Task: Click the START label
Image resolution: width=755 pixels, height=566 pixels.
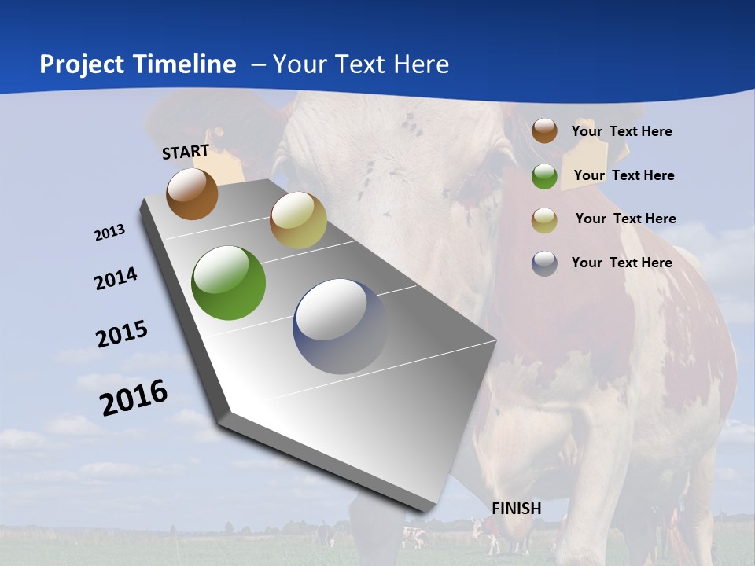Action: [x=186, y=152]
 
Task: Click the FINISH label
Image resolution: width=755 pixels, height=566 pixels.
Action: [x=517, y=509]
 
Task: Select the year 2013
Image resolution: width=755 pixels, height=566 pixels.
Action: [x=110, y=233]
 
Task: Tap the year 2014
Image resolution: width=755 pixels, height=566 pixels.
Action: [x=116, y=279]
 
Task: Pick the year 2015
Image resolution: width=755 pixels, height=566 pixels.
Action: [x=122, y=334]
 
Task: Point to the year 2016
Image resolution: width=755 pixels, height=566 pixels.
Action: [x=134, y=397]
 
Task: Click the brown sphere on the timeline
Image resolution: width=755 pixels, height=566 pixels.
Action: [x=192, y=194]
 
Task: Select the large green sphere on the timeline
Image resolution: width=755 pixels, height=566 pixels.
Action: [x=229, y=283]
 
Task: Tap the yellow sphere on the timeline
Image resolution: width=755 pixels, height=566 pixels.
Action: [x=298, y=221]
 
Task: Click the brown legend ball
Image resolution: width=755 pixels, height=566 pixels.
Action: [x=544, y=131]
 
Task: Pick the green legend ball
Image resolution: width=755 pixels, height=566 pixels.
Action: [x=544, y=176]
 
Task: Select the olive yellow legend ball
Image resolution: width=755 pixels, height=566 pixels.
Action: [x=544, y=219]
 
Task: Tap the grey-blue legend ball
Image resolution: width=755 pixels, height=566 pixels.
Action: [x=544, y=263]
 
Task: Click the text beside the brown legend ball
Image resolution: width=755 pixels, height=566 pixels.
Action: [x=621, y=131]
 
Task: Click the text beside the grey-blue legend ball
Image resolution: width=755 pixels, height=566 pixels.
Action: [x=621, y=263]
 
